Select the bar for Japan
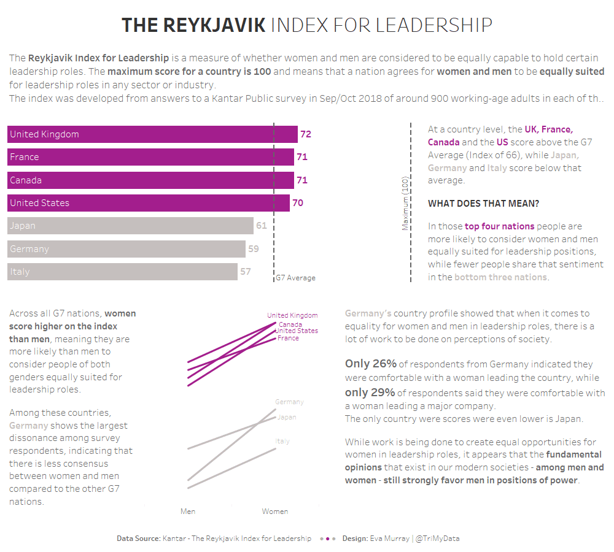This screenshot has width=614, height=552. [130, 226]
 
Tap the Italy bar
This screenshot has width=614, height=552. [122, 272]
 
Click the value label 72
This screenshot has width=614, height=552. [306, 134]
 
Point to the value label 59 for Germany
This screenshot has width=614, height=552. [253, 249]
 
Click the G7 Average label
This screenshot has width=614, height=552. [295, 278]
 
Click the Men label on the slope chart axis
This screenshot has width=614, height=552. [188, 512]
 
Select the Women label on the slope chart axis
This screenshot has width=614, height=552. [274, 512]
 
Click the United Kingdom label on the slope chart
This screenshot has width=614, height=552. [292, 316]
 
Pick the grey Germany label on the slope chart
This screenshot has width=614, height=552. [289, 402]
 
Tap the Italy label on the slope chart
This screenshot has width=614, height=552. [282, 442]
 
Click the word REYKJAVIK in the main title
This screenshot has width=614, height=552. [215, 25]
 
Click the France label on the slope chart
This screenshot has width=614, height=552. [288, 339]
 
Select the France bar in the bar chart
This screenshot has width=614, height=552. [150, 157]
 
